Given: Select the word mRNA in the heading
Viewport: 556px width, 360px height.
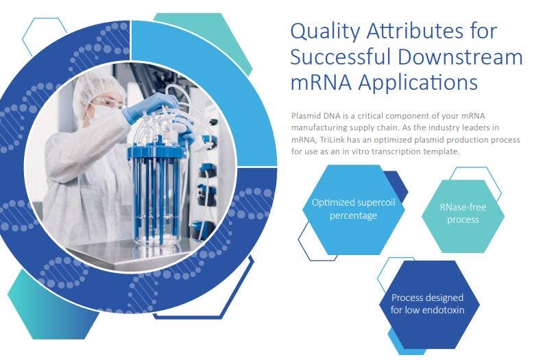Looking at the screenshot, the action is (x=321, y=83).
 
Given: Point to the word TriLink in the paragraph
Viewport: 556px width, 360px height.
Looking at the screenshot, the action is (x=332, y=140).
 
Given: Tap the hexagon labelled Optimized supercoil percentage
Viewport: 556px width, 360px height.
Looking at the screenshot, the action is (x=354, y=210).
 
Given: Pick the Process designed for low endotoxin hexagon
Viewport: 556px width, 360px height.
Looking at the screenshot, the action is (x=429, y=304).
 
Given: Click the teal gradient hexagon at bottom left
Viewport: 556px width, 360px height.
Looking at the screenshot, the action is (x=53, y=305).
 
